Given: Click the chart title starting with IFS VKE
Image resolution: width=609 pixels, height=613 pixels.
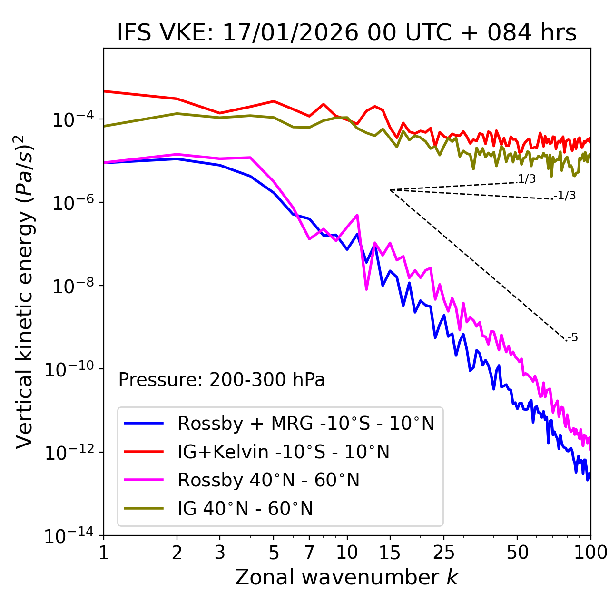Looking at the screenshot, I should [347, 33].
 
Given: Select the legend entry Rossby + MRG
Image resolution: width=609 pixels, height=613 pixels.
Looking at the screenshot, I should [305, 423].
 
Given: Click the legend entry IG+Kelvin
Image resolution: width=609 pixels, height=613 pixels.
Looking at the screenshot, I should [284, 452].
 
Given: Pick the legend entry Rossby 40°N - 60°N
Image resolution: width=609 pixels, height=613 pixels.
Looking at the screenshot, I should [268, 480].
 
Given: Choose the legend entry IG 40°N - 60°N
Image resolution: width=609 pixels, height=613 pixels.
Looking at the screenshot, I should [245, 509].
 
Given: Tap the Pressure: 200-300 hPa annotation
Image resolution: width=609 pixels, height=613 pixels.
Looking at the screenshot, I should [221, 380].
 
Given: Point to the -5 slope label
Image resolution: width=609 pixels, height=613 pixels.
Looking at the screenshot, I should [573, 338].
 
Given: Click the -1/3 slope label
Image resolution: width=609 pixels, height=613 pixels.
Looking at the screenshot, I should [565, 196].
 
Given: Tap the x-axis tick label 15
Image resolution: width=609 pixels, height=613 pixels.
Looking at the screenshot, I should [390, 553].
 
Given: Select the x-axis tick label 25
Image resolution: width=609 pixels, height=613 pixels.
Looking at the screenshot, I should [444, 553].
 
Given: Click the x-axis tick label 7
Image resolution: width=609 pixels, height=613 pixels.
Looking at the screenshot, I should [309, 553].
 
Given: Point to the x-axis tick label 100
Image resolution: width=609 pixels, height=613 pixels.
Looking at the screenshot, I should [590, 553].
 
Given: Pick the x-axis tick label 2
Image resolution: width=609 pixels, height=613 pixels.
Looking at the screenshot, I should [177, 553].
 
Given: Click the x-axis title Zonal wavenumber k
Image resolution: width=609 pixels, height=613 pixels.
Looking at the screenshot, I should [347, 577].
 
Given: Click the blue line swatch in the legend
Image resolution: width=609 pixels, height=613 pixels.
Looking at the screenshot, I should [144, 423].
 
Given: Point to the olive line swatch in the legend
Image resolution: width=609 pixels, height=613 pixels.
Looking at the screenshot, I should [144, 509].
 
